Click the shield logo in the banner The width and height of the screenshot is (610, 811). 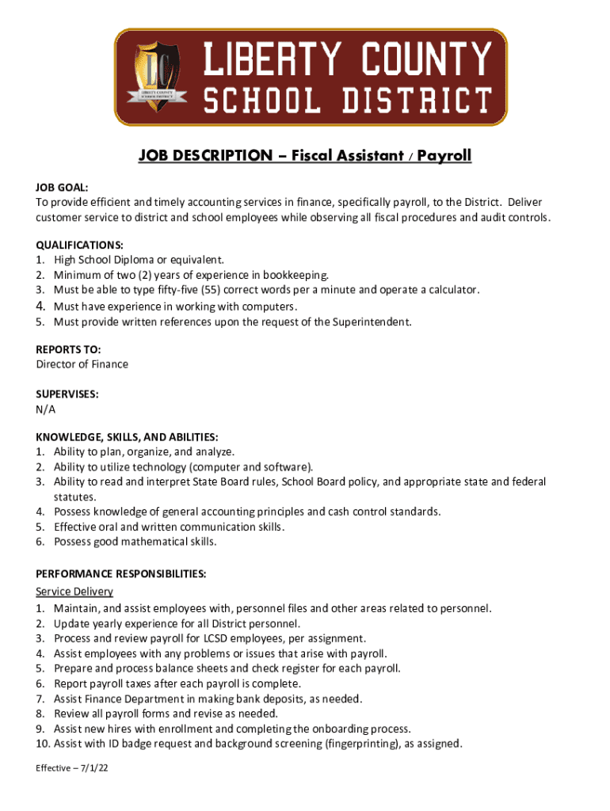[x=158, y=77]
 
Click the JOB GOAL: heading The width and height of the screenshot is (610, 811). [x=62, y=188]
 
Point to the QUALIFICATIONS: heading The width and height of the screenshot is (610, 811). [x=79, y=245]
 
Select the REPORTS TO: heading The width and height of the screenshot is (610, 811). [x=68, y=349]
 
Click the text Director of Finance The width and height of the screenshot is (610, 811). [x=82, y=364]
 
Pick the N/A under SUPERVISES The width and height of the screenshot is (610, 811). [x=46, y=409]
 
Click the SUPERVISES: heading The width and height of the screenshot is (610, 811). [x=67, y=394]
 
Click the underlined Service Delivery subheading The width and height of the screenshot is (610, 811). [x=74, y=592]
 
